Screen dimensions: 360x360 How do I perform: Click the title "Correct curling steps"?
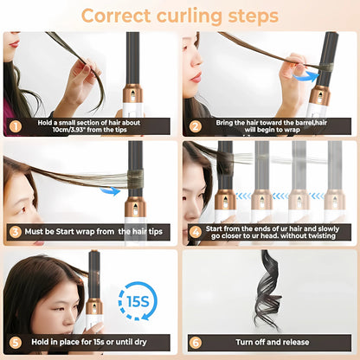180,16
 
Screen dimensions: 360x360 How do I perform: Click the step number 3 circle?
14,232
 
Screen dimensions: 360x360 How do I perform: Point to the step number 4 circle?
195,232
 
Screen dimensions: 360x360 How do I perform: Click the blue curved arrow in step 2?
302,77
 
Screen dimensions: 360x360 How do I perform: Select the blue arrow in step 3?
110,190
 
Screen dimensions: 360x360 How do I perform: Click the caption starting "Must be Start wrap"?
95,232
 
